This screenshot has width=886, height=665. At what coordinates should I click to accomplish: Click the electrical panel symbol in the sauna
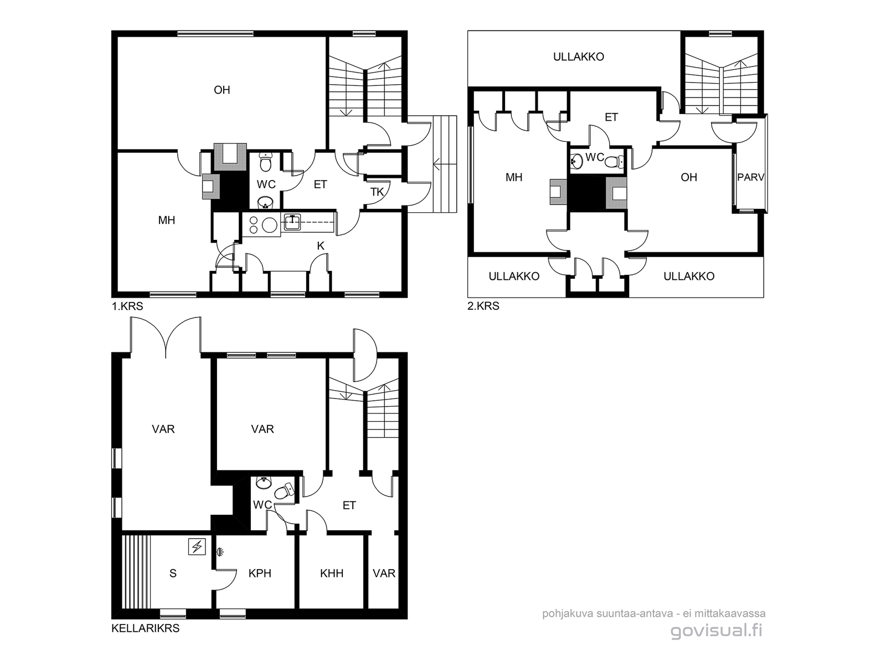tap(197, 547)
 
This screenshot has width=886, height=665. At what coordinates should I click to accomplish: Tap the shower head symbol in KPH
tap(220, 551)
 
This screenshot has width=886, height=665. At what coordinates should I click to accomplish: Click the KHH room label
tap(332, 574)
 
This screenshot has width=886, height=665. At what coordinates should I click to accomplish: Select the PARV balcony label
tap(751, 177)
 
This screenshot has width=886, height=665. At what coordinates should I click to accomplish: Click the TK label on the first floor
tap(377, 192)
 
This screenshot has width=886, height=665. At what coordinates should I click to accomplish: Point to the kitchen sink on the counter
tap(292, 222)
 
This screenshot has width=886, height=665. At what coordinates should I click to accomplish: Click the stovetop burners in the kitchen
tap(262, 225)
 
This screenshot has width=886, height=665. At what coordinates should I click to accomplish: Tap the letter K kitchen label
tap(321, 246)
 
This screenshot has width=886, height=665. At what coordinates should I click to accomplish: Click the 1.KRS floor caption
tap(127, 306)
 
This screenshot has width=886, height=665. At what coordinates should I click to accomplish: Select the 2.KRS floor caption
tap(483, 306)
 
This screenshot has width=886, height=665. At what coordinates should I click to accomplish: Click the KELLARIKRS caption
tap(145, 628)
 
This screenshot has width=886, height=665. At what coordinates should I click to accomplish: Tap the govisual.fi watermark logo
tap(717, 631)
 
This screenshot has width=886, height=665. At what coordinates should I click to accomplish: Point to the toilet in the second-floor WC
tap(615, 162)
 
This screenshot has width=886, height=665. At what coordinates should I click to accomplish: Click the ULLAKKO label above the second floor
tap(579, 57)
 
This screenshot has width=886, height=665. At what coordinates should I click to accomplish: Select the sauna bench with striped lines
tap(136, 572)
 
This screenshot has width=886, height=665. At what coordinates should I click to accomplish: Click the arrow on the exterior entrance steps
tap(445, 164)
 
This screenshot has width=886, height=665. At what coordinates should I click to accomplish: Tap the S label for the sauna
tap(173, 574)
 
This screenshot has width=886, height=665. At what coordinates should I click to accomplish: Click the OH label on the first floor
tap(222, 90)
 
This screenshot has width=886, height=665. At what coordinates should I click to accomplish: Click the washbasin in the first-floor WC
tap(265, 202)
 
